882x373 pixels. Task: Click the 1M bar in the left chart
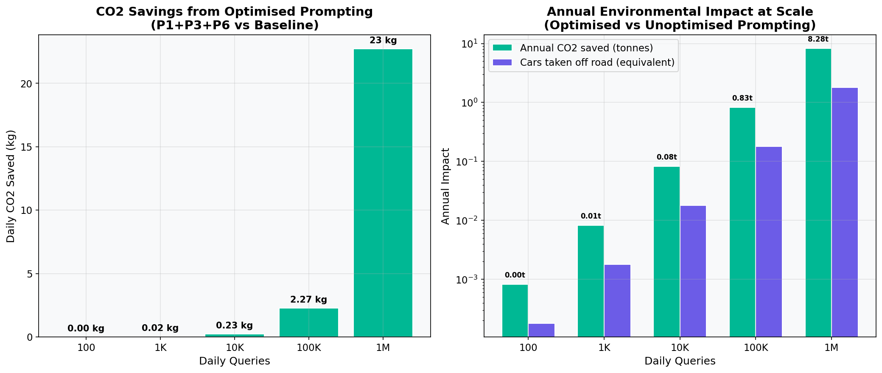(x=383, y=193)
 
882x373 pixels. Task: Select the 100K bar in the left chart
(x=308, y=323)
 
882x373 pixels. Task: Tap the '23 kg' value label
(x=383, y=41)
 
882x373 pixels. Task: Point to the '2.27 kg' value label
(x=308, y=300)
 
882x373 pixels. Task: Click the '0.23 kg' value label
(x=234, y=325)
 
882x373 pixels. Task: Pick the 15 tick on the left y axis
(x=27, y=147)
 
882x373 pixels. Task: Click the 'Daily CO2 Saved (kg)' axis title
(x=11, y=186)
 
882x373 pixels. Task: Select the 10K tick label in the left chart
(x=234, y=348)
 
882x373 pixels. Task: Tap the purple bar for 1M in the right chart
(x=844, y=212)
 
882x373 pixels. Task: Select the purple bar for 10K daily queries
(x=693, y=271)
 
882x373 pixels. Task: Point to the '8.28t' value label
(x=818, y=39)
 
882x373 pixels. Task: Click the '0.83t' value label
(x=742, y=98)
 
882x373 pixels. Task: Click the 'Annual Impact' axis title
(x=445, y=186)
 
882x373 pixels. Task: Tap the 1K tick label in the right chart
(x=604, y=348)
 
